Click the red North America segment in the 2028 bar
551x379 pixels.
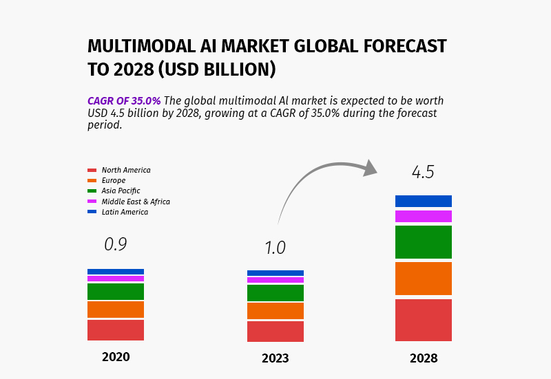click(x=424, y=320)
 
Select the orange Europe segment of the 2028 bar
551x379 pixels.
click(x=424, y=279)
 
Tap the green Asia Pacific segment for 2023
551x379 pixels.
click(x=275, y=293)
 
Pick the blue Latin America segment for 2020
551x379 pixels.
click(x=116, y=272)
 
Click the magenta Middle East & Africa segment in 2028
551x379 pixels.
click(x=424, y=216)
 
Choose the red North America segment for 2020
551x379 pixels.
click(x=116, y=330)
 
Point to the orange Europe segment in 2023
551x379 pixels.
click(x=275, y=311)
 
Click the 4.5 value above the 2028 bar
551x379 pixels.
click(x=423, y=172)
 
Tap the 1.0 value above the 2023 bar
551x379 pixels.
click(x=275, y=248)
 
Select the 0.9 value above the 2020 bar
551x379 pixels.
click(x=116, y=244)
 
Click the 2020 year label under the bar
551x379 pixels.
click(x=116, y=357)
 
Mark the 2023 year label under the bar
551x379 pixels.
click(x=275, y=358)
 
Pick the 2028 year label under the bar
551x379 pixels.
click(x=424, y=358)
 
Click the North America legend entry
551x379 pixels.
click(x=119, y=170)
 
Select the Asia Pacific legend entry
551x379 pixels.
click(x=114, y=191)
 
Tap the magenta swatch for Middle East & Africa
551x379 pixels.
click(x=92, y=202)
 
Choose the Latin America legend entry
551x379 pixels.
click(x=118, y=212)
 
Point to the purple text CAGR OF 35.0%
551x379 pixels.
click(x=124, y=101)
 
